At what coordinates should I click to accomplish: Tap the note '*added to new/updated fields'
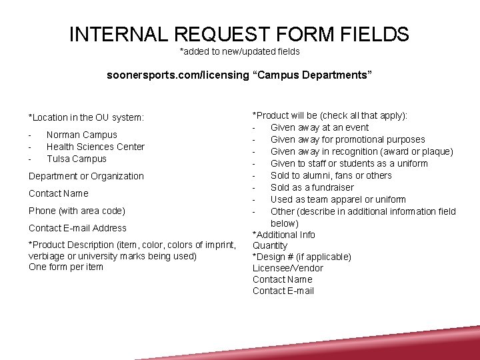click(239, 51)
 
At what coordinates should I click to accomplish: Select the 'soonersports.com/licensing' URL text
click(178, 75)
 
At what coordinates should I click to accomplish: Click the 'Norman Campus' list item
click(81, 135)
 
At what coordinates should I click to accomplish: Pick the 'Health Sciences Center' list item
click(95, 147)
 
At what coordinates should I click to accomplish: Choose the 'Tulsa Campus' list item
click(77, 159)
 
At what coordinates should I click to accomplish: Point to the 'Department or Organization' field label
click(86, 176)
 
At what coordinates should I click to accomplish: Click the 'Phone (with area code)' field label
click(77, 211)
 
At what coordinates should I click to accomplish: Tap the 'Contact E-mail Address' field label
click(77, 228)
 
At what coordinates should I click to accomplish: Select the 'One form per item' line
click(66, 267)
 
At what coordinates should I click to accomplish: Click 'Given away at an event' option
click(319, 127)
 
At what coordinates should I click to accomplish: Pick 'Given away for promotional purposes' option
click(347, 139)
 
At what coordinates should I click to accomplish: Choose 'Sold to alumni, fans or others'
click(331, 175)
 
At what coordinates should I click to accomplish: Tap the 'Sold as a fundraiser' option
click(312, 187)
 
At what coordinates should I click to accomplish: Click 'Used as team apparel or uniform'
click(338, 199)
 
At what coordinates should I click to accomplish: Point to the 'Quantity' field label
click(270, 245)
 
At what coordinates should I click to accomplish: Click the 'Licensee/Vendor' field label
click(287, 268)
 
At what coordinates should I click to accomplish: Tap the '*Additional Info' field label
click(284, 235)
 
